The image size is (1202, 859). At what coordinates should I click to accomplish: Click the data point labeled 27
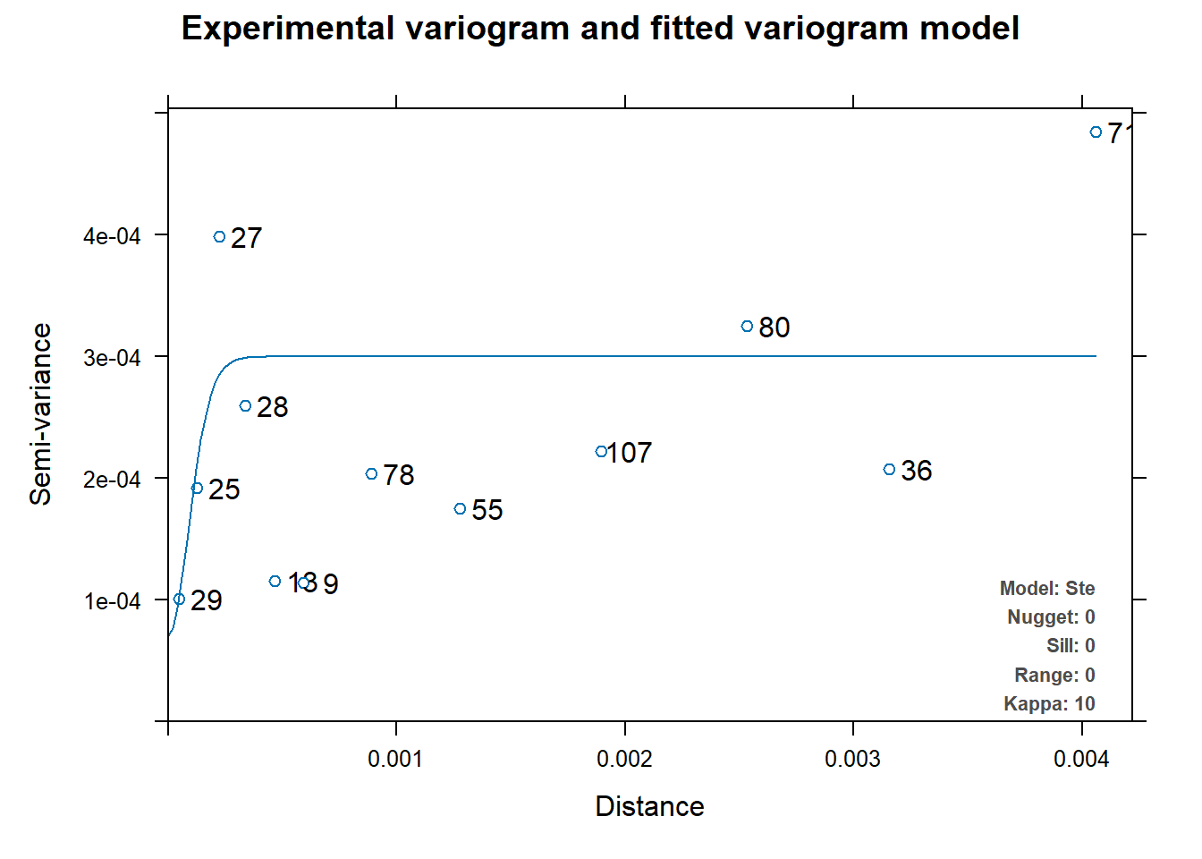220,237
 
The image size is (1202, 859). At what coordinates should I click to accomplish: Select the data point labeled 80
748,327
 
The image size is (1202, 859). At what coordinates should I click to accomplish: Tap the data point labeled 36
889,470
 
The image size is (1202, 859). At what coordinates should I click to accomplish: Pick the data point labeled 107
601,452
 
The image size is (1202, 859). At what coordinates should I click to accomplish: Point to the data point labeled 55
461,509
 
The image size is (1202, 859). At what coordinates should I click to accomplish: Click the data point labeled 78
372,474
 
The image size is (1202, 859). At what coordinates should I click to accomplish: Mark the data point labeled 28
246,406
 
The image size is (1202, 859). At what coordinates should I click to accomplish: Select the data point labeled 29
179,600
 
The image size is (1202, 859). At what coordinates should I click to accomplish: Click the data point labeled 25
198,489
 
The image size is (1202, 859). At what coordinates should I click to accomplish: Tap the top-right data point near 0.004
1096,132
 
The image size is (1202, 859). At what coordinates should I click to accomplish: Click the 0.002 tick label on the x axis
624,760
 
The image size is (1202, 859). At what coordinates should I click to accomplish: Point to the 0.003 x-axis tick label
852,760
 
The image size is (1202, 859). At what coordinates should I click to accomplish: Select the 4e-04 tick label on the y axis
112,236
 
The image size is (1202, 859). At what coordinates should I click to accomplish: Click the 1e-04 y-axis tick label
112,601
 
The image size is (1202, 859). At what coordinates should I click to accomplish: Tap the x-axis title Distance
649,806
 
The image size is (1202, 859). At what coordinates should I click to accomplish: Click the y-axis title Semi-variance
41,414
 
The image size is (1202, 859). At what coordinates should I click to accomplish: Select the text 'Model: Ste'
1047,589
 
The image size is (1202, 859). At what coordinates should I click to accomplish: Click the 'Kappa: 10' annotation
1049,704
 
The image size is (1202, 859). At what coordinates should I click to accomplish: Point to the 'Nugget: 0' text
1051,617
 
